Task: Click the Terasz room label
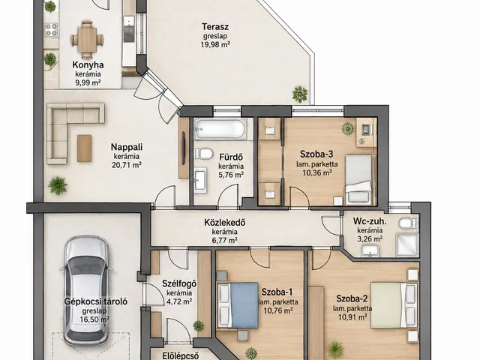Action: coord(215,27)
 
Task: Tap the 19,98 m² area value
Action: coord(216,45)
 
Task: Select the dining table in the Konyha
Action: coord(87,40)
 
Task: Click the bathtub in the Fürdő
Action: coord(220,129)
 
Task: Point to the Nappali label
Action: coord(127,147)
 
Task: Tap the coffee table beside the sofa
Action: coord(84,148)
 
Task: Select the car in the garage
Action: coord(87,289)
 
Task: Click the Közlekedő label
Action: coord(225,223)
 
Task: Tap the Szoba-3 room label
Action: coord(316,154)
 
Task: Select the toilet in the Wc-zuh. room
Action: coord(408,223)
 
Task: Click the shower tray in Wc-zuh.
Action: coord(406,245)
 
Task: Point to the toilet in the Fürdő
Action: coord(204,153)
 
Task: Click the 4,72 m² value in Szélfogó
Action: coord(179,301)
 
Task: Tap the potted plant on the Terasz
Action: coord(300,94)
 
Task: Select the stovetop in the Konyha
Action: coord(51,30)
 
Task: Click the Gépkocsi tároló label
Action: coord(95,301)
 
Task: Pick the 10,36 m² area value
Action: coord(317,173)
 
